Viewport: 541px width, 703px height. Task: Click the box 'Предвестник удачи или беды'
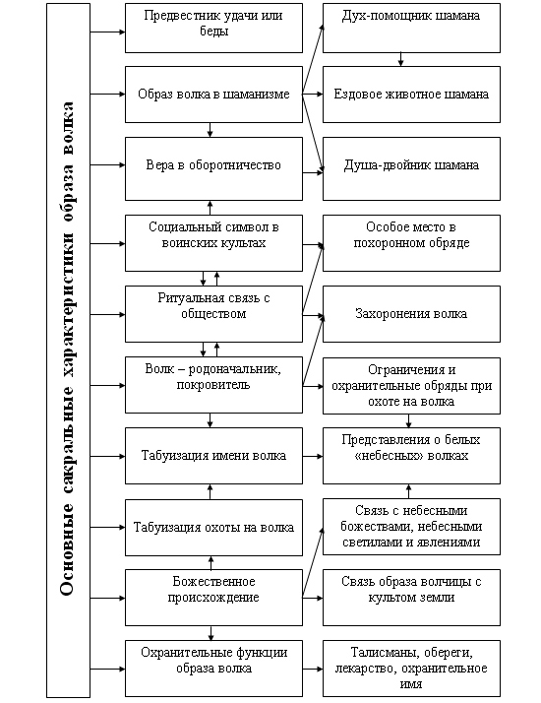click(213, 28)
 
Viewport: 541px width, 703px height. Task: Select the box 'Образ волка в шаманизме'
click(213, 95)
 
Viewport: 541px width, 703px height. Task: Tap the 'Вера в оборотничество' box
click(213, 168)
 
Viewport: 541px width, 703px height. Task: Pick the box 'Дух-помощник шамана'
click(411, 28)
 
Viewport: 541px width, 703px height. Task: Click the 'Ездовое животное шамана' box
click(411, 95)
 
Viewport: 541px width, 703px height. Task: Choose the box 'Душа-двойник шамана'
click(411, 168)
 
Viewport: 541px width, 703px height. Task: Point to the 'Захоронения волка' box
click(411, 314)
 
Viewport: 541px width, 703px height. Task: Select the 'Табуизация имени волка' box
click(213, 456)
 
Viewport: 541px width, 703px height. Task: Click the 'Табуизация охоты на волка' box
click(213, 528)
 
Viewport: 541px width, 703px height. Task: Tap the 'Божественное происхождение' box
click(213, 598)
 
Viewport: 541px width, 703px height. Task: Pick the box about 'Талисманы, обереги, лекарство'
click(411, 669)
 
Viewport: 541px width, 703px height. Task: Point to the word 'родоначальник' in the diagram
click(234, 369)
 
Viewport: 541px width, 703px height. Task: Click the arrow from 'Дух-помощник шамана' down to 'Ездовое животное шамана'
click(400, 60)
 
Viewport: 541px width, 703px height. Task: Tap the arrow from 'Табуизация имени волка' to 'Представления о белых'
click(313, 457)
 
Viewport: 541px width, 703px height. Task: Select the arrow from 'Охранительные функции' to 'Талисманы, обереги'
click(313, 669)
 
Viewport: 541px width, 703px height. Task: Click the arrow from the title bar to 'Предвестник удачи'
click(107, 32)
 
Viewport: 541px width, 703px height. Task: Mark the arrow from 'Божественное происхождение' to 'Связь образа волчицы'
click(313, 598)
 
